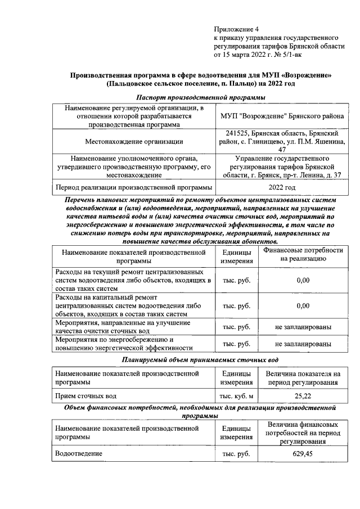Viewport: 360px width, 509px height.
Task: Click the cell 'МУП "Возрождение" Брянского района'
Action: (x=281, y=116)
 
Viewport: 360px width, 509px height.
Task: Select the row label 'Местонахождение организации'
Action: (x=134, y=142)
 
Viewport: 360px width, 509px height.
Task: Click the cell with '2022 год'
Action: (x=281, y=187)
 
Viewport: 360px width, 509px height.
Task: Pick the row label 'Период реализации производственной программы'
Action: (x=133, y=187)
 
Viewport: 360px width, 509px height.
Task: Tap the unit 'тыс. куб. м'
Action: (x=236, y=396)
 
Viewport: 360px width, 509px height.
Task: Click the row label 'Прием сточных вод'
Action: (x=85, y=396)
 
